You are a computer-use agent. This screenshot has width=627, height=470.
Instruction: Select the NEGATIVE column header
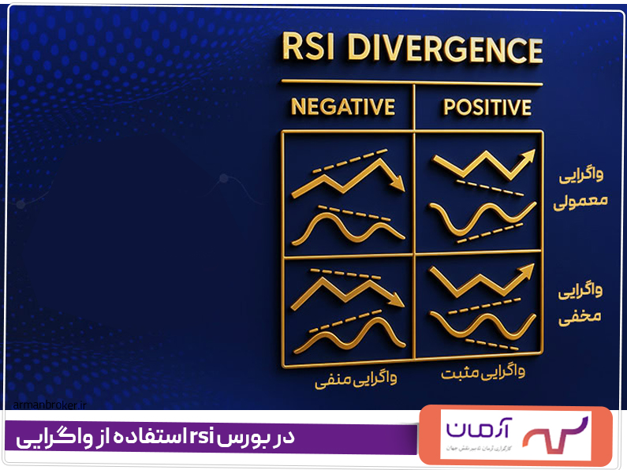click(x=342, y=106)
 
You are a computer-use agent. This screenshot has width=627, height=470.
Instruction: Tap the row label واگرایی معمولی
click(x=581, y=187)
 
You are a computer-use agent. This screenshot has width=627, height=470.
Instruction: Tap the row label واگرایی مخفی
click(x=581, y=304)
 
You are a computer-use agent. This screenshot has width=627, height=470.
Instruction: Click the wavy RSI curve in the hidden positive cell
click(x=477, y=323)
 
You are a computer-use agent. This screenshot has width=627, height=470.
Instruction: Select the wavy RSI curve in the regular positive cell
click(x=477, y=218)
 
